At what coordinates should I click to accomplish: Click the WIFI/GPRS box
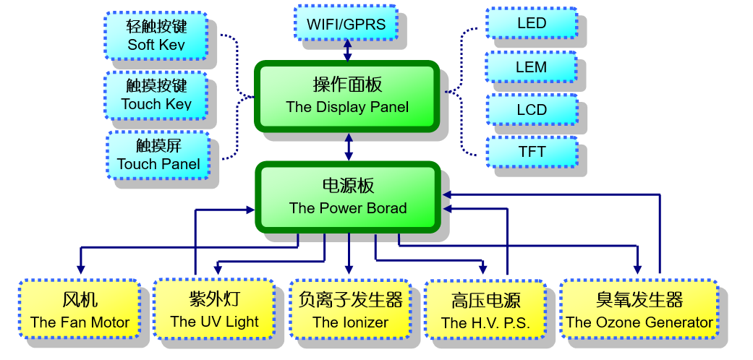(x=346, y=24)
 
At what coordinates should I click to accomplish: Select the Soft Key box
(x=156, y=35)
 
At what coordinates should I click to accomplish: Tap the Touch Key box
(x=156, y=95)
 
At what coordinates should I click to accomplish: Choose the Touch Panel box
(x=158, y=155)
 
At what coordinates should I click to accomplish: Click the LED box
(x=531, y=24)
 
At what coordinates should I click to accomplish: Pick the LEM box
(x=531, y=67)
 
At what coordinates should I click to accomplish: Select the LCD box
(x=531, y=110)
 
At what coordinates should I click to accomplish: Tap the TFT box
(x=531, y=152)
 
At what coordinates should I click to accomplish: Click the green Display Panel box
(x=347, y=95)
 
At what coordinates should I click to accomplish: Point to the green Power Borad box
(x=347, y=197)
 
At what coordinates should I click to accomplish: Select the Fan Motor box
(x=80, y=310)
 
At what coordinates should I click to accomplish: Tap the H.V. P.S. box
(x=485, y=311)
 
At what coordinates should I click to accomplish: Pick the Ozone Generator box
(x=639, y=310)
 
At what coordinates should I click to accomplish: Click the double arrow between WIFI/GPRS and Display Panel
(x=348, y=51)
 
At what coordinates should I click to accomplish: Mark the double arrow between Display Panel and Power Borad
(x=349, y=147)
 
